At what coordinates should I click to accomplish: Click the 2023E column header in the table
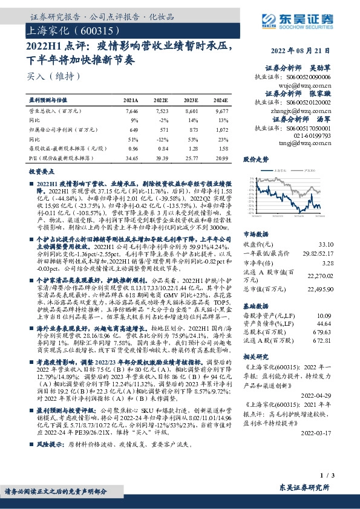click(x=190, y=100)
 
